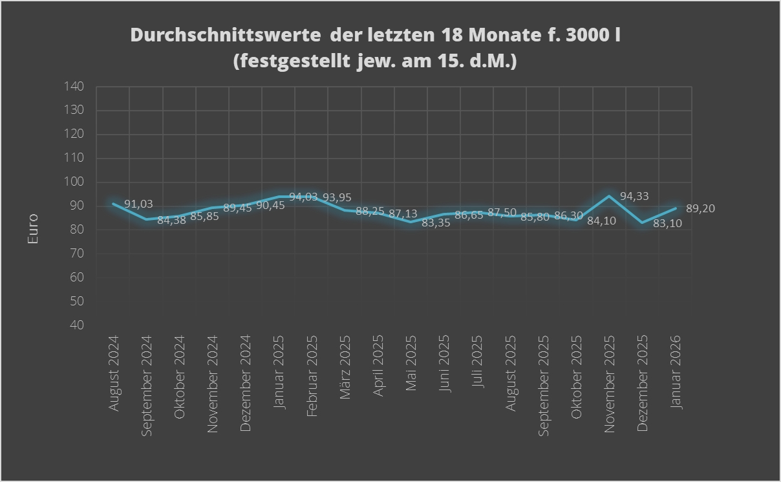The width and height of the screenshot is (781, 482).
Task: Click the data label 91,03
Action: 138,204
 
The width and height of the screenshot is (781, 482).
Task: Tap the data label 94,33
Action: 634,196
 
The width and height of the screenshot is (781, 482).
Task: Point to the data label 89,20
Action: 700,208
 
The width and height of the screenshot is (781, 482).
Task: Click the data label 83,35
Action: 436,223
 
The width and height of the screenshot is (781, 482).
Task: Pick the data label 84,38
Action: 171,220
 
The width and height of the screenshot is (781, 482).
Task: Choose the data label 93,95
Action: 337,197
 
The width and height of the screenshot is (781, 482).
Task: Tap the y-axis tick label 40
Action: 77,325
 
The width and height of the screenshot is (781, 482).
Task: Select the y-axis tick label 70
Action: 77,254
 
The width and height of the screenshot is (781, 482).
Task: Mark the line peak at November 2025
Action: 609,195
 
